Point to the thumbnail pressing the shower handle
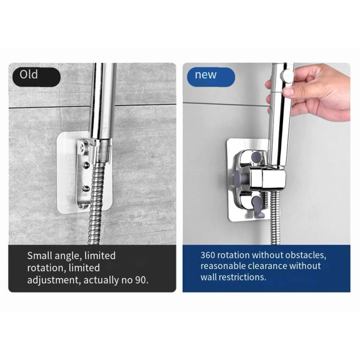click(288, 92)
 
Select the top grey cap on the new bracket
click(256, 157)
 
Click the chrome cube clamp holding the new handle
click(268, 178)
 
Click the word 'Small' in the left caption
click(39, 256)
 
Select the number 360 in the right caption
click(208, 255)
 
